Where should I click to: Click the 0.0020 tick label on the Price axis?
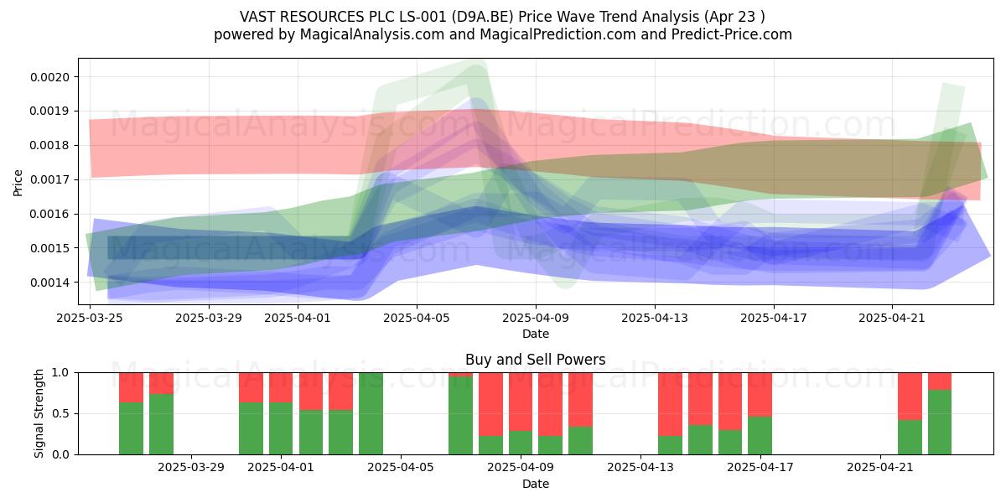tap(49, 77)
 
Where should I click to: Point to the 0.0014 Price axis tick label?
tap(49, 283)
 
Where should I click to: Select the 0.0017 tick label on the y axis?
tap(49, 180)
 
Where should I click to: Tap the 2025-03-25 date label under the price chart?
tap(90, 318)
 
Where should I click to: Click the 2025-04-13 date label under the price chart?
tap(655, 318)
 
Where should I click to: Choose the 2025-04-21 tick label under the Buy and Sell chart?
tap(879, 468)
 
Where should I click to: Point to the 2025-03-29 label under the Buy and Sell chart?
tap(191, 468)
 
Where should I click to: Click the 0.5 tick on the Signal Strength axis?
tap(60, 413)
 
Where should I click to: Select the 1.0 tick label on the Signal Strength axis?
tap(60, 373)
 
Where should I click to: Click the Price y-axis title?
tap(18, 183)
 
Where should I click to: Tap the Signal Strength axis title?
tap(39, 413)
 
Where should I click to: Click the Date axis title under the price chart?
tap(536, 334)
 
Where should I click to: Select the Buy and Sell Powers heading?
tap(536, 360)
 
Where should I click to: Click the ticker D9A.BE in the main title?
tap(482, 17)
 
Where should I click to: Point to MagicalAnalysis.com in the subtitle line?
tap(372, 34)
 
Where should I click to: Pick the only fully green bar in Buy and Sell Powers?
tap(371, 413)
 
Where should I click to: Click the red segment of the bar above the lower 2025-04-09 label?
tap(521, 402)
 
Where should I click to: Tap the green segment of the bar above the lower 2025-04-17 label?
tap(760, 436)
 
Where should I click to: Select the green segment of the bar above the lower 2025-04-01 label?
tap(281, 428)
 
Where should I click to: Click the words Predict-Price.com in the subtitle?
tap(732, 34)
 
